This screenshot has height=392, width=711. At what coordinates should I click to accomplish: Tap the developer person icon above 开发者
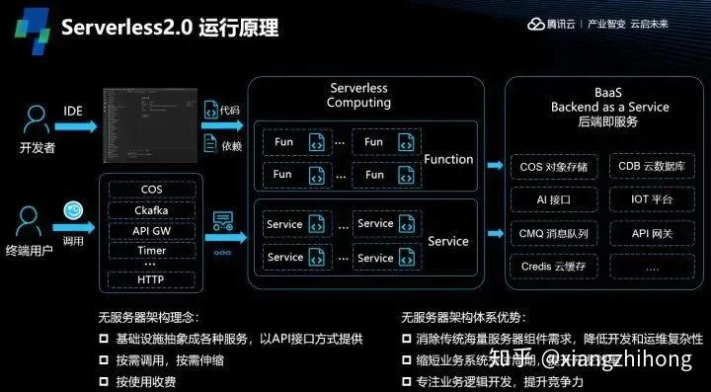pos(38,120)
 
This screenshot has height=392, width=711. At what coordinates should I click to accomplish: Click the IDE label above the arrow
pos(73,111)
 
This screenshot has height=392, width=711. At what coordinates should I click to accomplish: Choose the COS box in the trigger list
pos(151,190)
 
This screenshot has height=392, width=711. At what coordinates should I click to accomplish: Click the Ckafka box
pos(151,210)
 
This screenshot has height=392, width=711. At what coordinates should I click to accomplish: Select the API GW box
pos(151,231)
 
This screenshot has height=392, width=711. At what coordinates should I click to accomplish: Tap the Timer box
pos(151,250)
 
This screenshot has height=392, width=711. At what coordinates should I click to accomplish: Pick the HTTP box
pos(151,280)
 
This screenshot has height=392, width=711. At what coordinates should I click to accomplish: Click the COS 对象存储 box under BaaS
pos(554,166)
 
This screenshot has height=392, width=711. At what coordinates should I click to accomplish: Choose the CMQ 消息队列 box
pos(554,233)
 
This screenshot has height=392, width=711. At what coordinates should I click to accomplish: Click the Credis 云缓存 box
pos(554,266)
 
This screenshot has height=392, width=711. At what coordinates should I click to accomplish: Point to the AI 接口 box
pos(554,199)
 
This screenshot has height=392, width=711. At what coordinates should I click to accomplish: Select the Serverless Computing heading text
pos(358,95)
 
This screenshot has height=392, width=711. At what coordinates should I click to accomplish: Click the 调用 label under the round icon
pos(73,238)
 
